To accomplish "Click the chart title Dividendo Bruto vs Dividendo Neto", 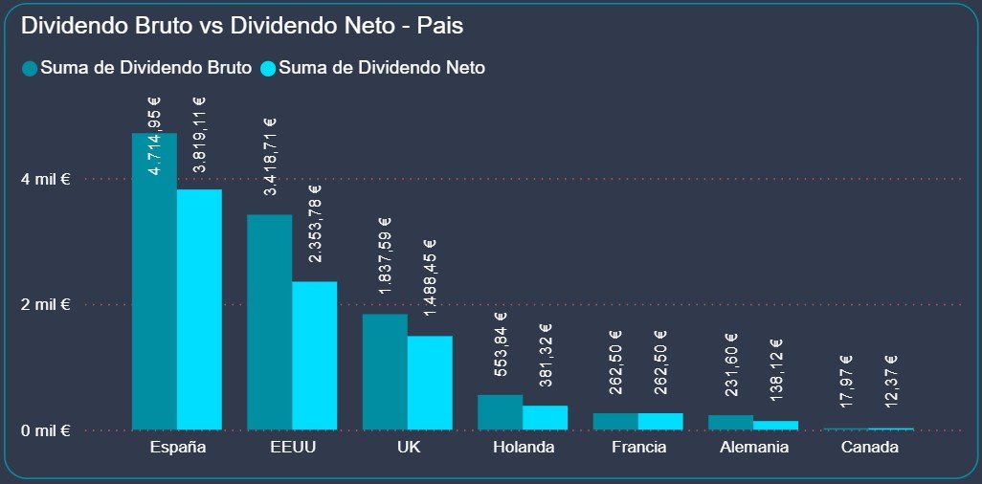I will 242,26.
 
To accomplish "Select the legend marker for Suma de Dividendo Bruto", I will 30,68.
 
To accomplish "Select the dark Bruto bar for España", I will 154,287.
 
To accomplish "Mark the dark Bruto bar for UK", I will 385,372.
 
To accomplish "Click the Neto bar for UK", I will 430,383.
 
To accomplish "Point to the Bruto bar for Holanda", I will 500,412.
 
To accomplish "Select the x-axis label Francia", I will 637,447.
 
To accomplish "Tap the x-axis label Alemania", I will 753,447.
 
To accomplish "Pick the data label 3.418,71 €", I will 271,157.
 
